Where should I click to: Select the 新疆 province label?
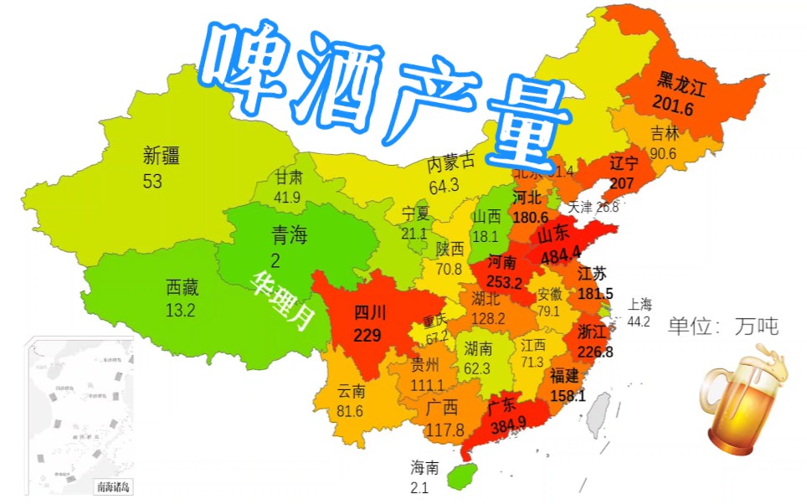click(162, 155)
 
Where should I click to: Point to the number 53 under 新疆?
click(152, 180)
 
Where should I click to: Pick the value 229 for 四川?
click(368, 336)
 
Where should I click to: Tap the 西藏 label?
click(183, 288)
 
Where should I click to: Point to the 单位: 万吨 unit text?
click(723, 327)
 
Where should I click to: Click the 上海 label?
click(640, 304)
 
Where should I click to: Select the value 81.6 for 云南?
click(349, 411)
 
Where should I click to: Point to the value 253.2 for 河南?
click(504, 282)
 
